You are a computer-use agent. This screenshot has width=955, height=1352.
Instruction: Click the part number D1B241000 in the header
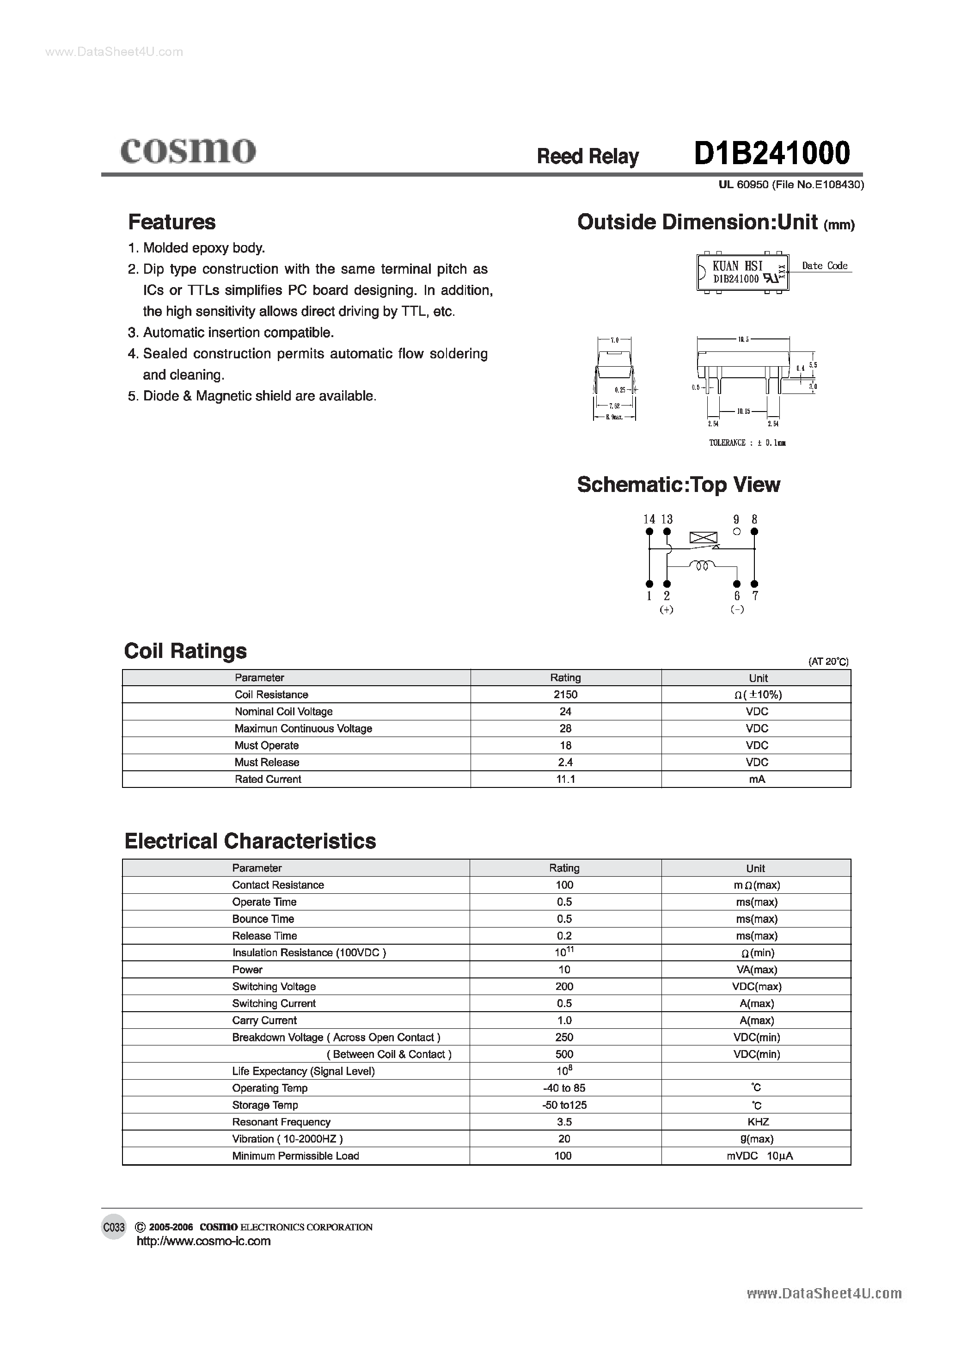click(x=771, y=153)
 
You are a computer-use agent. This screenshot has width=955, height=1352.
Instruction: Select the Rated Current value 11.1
click(x=565, y=779)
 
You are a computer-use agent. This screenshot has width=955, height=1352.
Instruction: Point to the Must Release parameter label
click(x=267, y=762)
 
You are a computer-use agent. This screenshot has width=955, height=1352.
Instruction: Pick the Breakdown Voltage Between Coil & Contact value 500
click(x=564, y=1054)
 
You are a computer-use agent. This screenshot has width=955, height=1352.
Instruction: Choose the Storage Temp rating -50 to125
click(x=564, y=1105)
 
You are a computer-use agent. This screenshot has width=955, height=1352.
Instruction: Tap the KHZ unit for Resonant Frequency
click(x=758, y=1122)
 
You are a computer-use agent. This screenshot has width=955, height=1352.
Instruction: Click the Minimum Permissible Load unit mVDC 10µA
click(x=759, y=1155)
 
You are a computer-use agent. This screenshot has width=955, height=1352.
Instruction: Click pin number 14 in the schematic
click(x=649, y=519)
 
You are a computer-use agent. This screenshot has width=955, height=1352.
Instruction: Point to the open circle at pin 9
click(x=736, y=531)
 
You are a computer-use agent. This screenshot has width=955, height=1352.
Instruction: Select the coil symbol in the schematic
click(x=702, y=566)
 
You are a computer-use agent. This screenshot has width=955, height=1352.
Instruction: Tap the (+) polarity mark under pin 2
click(x=667, y=609)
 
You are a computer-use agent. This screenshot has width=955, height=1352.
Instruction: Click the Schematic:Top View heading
click(x=678, y=484)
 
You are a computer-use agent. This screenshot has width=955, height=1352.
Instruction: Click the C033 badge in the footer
click(x=114, y=1227)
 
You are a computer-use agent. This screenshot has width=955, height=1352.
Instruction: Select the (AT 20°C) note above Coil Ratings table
click(x=828, y=661)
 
